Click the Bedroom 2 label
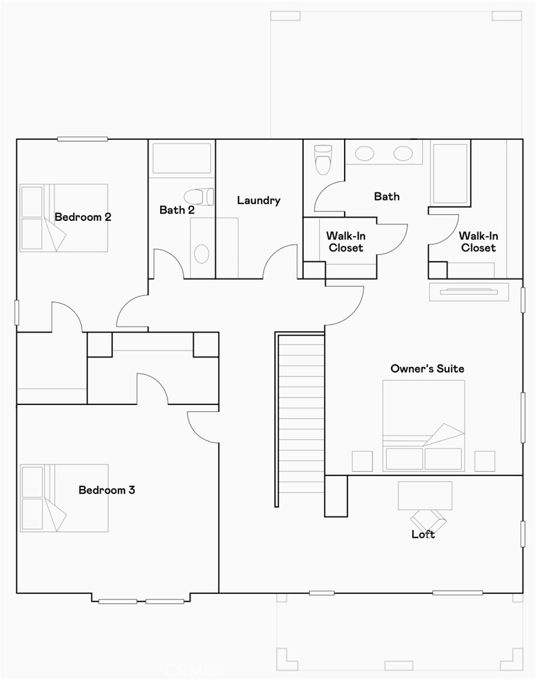coord(82,218)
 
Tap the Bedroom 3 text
coord(106,490)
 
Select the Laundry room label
coord(258,201)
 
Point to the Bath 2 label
coord(177,210)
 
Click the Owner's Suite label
coord(427,369)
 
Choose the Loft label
coord(423,534)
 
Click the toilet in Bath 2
coord(198,196)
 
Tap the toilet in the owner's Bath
coord(322,160)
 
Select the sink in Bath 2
coord(202,253)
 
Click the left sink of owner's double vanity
coord(364,153)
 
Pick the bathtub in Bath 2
coord(181,158)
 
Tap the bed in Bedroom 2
coord(64,218)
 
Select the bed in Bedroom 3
coord(64,498)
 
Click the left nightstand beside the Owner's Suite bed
coord(362,461)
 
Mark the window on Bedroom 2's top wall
coord(82,139)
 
